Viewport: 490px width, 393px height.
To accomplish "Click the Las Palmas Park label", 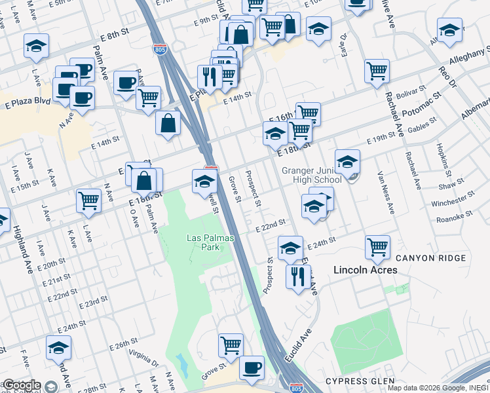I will (x=202, y=242).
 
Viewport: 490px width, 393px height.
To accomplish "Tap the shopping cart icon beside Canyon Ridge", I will (x=377, y=246).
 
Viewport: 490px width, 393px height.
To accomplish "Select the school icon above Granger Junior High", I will (x=347, y=160).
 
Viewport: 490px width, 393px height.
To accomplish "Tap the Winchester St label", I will (x=453, y=199).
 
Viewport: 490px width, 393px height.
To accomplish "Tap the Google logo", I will (x=21, y=385).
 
